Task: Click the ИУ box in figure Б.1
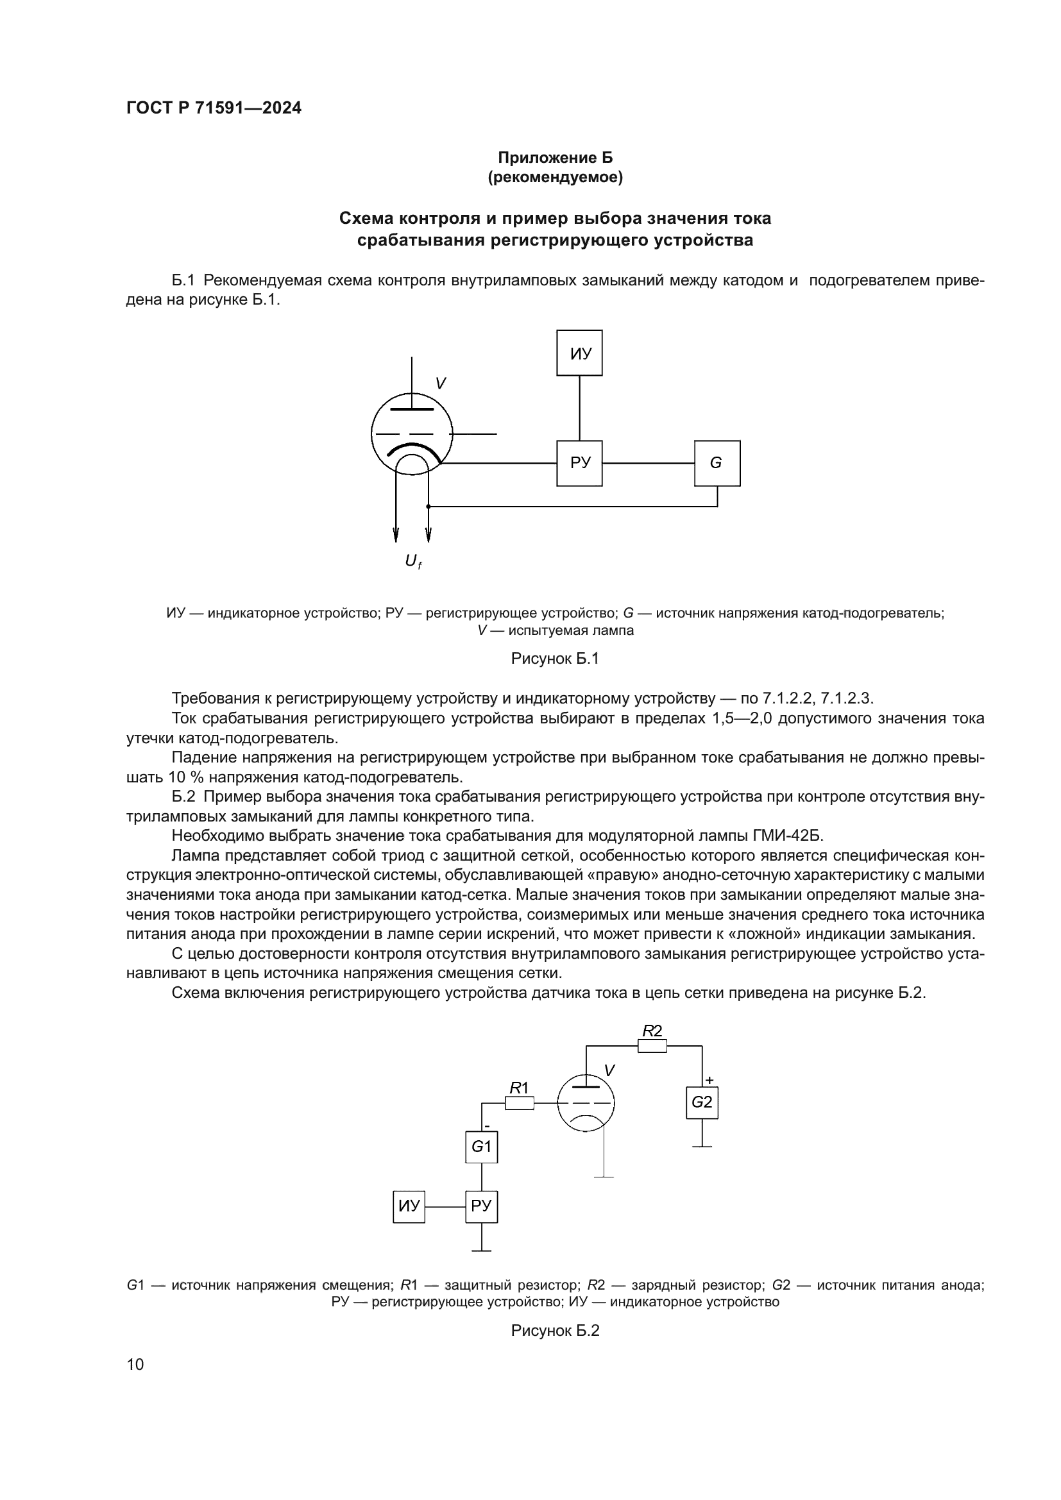tap(579, 353)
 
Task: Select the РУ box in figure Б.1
tap(579, 463)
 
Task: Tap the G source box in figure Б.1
tap(717, 463)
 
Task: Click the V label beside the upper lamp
tap(441, 383)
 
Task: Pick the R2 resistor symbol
tap(651, 1046)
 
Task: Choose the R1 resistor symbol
tap(520, 1103)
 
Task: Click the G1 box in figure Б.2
tap(482, 1147)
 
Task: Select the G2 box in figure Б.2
tap(702, 1102)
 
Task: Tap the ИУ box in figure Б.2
tap(409, 1206)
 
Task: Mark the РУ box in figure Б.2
tap(482, 1206)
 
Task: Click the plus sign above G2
tap(709, 1081)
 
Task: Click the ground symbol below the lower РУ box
tap(482, 1250)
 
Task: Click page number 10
tap(135, 1365)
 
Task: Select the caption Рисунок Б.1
tap(555, 659)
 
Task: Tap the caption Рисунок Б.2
tap(555, 1331)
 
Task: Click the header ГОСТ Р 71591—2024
tap(214, 108)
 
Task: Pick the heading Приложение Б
tap(556, 158)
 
